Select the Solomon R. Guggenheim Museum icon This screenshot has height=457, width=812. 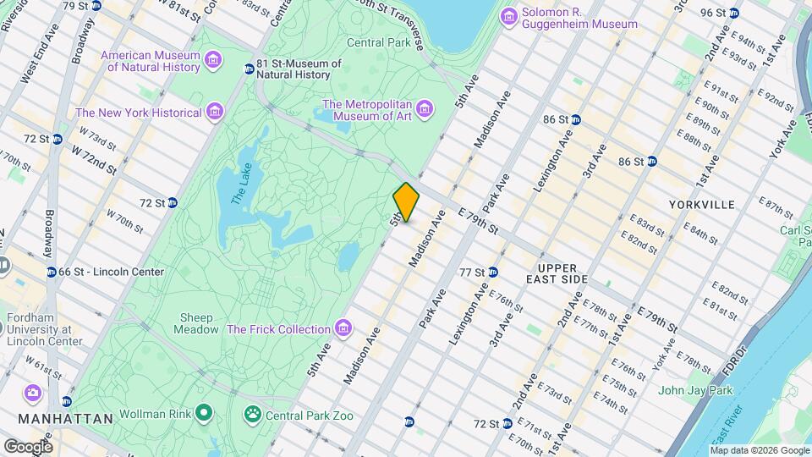click(x=508, y=16)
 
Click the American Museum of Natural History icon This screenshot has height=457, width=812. click(x=213, y=58)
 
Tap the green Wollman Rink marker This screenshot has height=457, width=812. click(x=204, y=414)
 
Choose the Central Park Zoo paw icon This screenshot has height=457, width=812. click(x=252, y=415)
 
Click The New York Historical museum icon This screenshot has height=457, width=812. click(x=215, y=112)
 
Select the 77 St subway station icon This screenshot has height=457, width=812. click(x=492, y=272)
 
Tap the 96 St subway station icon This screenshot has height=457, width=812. click(x=734, y=12)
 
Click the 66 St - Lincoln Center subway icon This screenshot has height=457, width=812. click(x=52, y=272)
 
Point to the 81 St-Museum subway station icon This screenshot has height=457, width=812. click(x=248, y=69)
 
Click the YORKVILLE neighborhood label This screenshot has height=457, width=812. click(x=701, y=205)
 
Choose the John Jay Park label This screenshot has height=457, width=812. click(x=695, y=390)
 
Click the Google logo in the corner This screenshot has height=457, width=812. click(x=28, y=446)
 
